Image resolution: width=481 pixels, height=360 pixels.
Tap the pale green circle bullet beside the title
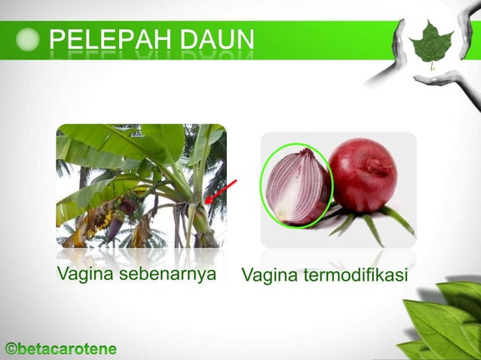pyautogui.click(x=28, y=40)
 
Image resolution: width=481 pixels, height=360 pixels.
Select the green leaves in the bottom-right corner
pyautogui.click(x=445, y=320)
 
